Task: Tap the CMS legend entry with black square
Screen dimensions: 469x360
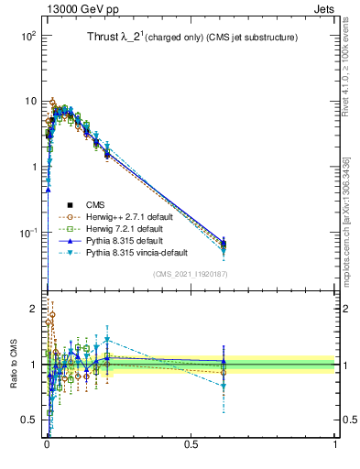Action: (96, 205)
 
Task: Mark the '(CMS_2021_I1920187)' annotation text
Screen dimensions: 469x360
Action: (190, 274)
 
